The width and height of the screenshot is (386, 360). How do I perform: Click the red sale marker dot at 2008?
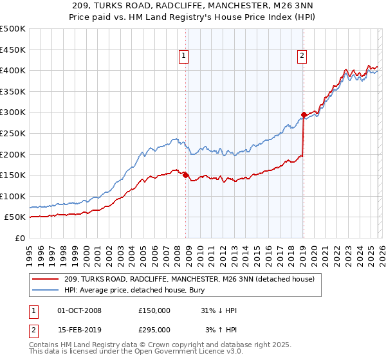click(x=185, y=175)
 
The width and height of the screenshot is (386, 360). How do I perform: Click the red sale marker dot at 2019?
click(x=303, y=114)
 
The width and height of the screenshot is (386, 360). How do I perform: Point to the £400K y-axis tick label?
click(x=13, y=71)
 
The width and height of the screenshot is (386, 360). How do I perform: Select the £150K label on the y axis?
click(x=13, y=175)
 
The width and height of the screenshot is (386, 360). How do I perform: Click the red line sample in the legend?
click(x=46, y=279)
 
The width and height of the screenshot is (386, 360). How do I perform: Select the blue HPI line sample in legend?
click(x=46, y=290)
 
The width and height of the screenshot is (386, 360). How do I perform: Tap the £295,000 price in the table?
click(x=154, y=329)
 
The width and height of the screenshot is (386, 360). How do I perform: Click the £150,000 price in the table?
click(x=154, y=310)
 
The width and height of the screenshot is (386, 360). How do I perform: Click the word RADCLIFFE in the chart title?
click(x=196, y=6)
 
